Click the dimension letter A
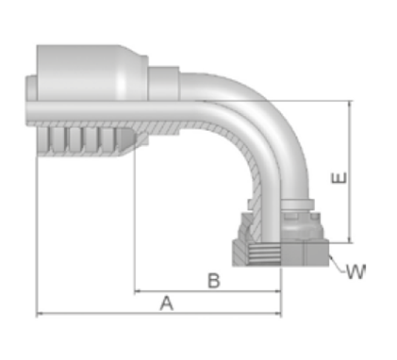click(167, 303)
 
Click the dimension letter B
click(214, 281)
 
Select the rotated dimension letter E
click(339, 178)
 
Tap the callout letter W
click(356, 271)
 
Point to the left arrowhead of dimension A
click(40, 313)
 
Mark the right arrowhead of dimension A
click(278, 313)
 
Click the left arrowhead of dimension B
click(138, 291)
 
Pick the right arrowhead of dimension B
click(277, 291)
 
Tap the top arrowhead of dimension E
click(350, 105)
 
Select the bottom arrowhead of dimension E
click(350, 239)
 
